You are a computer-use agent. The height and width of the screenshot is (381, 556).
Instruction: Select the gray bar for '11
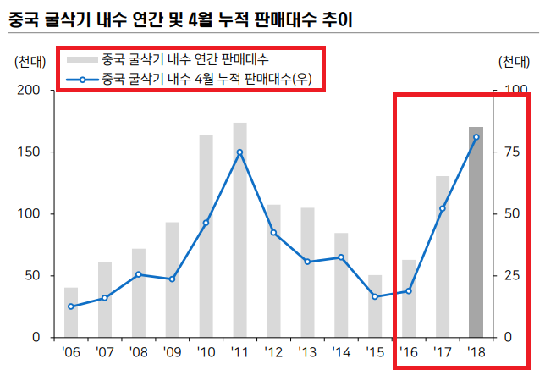click(239, 229)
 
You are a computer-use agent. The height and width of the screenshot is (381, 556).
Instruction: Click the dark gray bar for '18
click(476, 232)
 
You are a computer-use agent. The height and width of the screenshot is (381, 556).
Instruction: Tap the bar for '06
click(71, 312)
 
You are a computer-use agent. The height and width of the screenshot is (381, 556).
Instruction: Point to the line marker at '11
click(239, 152)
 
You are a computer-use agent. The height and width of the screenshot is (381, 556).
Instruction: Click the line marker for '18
click(476, 137)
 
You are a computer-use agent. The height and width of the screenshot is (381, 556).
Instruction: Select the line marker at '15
click(375, 296)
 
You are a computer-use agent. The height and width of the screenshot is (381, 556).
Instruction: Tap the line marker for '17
click(443, 208)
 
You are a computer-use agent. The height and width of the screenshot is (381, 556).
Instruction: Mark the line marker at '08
click(139, 274)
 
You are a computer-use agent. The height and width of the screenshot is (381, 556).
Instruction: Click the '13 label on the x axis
click(307, 351)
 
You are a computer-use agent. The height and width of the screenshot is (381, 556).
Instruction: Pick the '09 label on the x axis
click(172, 351)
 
